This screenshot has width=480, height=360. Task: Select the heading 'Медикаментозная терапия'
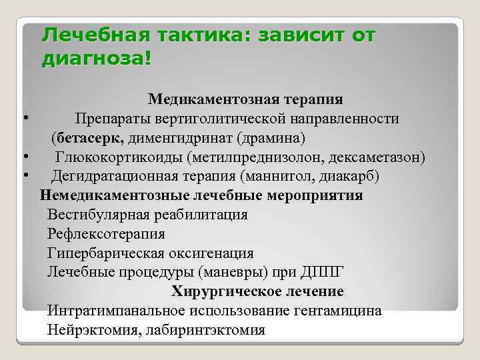tap(245, 99)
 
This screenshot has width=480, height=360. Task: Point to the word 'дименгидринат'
tap(171, 139)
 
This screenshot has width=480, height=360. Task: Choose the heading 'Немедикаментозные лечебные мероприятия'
tap(201, 196)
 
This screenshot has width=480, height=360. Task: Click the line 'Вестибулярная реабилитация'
tap(147, 215)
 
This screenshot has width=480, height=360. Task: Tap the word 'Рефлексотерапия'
tap(106, 235)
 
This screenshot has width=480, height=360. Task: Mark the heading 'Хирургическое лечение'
tap(257, 292)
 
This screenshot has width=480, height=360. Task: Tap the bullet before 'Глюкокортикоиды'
tap(25, 158)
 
